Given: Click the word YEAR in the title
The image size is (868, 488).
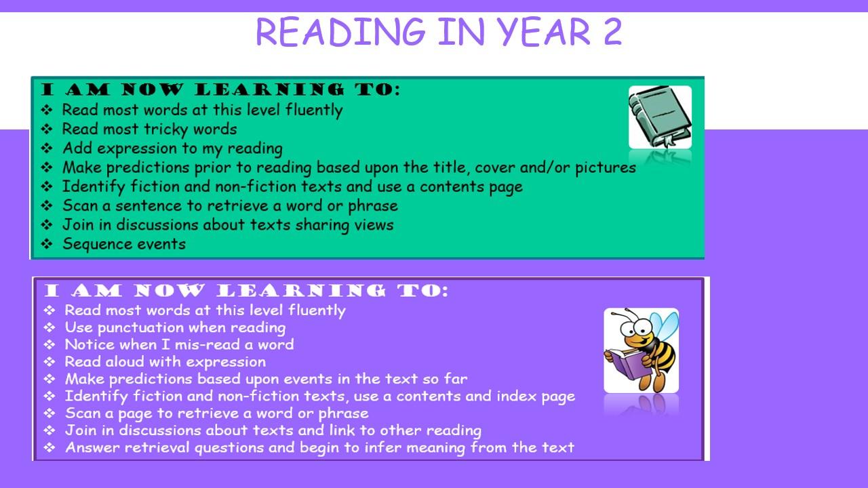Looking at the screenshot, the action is (544, 32).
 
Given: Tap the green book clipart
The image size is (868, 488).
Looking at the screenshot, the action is (660, 117).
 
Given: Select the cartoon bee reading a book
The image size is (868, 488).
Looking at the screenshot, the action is (641, 350).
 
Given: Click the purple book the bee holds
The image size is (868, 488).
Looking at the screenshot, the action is (625, 364).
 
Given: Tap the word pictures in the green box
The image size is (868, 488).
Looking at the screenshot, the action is (606, 168).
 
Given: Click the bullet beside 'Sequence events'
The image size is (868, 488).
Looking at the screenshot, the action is (47, 244).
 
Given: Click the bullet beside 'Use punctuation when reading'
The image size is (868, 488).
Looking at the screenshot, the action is (50, 327).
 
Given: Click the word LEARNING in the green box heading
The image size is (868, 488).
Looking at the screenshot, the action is (269, 89).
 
